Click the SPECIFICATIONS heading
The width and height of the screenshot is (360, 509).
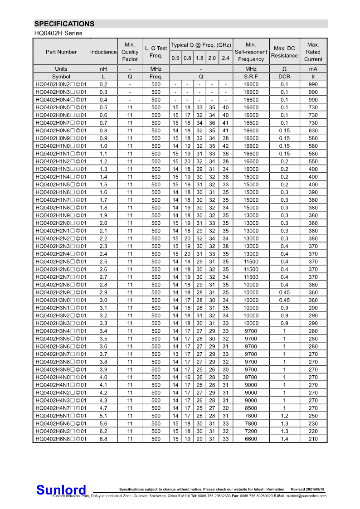click(x=64, y=24)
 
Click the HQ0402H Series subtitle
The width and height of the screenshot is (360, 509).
click(x=58, y=34)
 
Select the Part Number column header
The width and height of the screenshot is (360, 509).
click(x=61, y=52)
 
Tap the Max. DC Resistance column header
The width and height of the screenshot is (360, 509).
click(x=284, y=52)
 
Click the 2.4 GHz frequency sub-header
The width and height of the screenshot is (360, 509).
click(x=225, y=58)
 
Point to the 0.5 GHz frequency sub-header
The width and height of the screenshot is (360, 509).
click(x=175, y=58)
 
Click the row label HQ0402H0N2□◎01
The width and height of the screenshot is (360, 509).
click(x=61, y=84)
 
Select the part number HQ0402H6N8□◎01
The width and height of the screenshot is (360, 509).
click(x=61, y=439)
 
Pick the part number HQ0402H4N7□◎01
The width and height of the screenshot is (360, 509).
click(x=61, y=408)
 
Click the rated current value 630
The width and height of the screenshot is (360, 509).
click(x=313, y=131)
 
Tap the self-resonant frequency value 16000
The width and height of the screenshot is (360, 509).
click(x=251, y=169)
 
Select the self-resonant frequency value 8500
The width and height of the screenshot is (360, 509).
click(x=251, y=408)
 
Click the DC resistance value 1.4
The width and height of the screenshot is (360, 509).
click(x=284, y=439)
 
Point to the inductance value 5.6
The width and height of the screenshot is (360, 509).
click(x=103, y=423)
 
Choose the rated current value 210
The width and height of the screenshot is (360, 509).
click(x=313, y=439)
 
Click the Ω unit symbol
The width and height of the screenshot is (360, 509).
click(x=284, y=69)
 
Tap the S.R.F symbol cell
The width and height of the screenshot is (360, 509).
click(x=251, y=77)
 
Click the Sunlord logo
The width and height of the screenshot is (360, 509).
click(x=61, y=490)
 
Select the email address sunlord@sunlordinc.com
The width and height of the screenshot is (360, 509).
click(x=306, y=496)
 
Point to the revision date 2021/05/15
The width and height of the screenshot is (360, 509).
click(x=314, y=489)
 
